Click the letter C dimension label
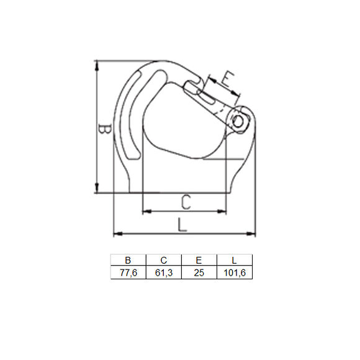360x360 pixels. point(185,202)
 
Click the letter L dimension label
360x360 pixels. point(182,224)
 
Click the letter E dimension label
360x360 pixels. point(228,79)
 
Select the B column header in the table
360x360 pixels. point(128,260)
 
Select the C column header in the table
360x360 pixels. point(163,260)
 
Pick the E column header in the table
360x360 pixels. point(199,260)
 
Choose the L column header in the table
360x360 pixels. point(235,260)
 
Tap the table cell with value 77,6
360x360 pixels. point(128,272)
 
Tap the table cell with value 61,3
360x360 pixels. point(163,272)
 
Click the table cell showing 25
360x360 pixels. point(199,272)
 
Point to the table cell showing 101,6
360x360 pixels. point(235,272)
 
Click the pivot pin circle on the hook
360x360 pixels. point(240,120)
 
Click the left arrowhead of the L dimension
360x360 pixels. point(116,234)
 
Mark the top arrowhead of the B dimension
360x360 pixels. point(97,64)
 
